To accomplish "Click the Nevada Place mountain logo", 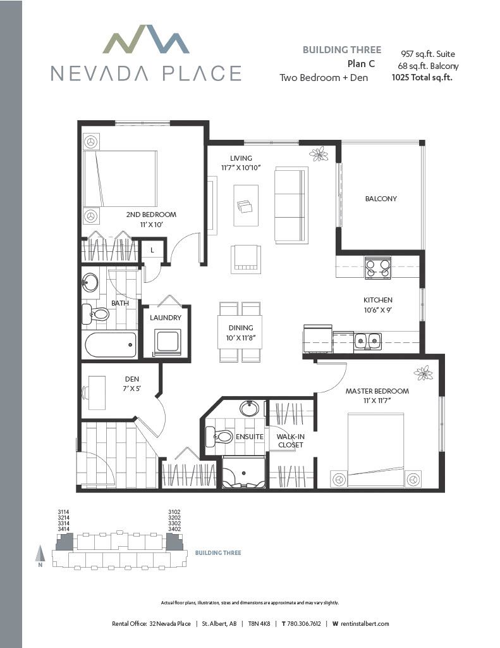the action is pos(146,40).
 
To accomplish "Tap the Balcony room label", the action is pos(381,199).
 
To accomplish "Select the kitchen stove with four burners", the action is pos(378,268).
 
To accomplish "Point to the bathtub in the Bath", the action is pos(110,345).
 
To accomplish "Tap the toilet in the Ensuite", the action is pos(219,437).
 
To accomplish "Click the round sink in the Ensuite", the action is pos(250,409).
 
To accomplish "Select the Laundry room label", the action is pos(166,318).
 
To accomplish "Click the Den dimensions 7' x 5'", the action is pos(131,389).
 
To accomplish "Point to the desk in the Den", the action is pos(97,392).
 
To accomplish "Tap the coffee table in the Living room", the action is pos(246,206).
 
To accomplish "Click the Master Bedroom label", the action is pos(377,391).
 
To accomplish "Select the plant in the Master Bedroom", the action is pos(424,373).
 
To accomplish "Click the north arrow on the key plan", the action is pos(40,553).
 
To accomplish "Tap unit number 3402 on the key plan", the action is pos(174,529).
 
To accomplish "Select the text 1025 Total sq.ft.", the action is pos(422,77).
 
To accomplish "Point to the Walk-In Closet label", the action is pos(291,440).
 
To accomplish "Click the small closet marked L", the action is pos(152,250).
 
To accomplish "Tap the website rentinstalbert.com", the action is pos(365,623).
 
